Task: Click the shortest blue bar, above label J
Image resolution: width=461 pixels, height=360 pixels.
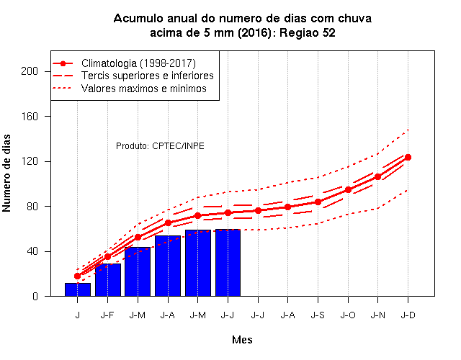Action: tap(78, 289)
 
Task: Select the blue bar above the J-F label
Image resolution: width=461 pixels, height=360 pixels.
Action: tap(108, 280)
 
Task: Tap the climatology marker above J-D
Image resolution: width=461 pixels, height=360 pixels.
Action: tap(408, 157)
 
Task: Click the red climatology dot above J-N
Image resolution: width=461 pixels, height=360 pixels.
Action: tap(377, 176)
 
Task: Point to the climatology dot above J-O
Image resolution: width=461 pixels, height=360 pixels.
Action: tap(348, 190)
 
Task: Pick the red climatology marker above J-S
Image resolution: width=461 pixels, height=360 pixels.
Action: tap(318, 202)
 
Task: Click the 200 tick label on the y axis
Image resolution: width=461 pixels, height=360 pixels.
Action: tap(30, 71)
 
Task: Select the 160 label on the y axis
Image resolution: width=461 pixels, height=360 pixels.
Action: tap(30, 117)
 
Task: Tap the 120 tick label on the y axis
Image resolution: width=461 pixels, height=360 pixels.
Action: tap(30, 161)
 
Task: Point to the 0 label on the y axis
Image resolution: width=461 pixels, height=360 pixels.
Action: tap(35, 296)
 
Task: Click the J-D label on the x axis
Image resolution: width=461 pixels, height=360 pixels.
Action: tap(408, 315)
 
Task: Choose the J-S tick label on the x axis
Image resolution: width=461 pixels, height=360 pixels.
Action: tap(318, 315)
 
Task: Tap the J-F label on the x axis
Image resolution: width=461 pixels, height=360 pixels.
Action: tap(107, 315)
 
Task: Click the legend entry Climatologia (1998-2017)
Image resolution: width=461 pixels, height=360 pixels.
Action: tap(138, 63)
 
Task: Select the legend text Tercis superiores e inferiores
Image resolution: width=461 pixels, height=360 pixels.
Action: tap(147, 76)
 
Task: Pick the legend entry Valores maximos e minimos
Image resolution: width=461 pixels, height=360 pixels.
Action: tap(144, 88)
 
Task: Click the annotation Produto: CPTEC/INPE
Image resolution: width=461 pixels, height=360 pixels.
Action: tap(160, 146)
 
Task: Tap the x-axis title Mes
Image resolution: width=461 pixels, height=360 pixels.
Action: tap(242, 340)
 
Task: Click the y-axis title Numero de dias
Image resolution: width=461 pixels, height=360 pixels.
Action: tap(6, 173)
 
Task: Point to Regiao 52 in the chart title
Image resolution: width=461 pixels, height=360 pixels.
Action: tap(308, 32)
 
